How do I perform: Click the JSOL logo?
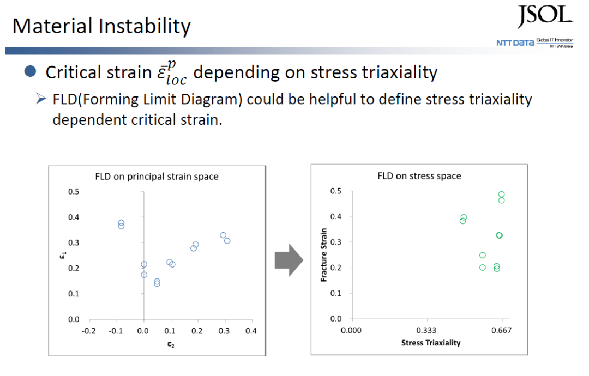pos(545,16)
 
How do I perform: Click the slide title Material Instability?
pos(101,26)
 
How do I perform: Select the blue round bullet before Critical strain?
pos(30,71)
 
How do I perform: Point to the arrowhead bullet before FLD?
pos(41,99)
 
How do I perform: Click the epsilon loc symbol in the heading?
pos(172,73)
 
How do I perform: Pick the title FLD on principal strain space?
pos(157,177)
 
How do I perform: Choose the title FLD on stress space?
pos(419,176)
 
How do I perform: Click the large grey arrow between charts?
pos(289,260)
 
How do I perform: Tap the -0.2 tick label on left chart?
pos(89,331)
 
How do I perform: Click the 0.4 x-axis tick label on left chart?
pos(251,331)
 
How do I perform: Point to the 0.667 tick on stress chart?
pos(502,330)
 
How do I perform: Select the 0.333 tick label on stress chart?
pos(426,330)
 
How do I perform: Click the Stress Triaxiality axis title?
pos(431,343)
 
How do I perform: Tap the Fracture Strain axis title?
pos(324,255)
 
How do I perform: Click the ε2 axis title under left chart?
pos(171,344)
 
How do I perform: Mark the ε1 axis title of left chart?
pos(63,256)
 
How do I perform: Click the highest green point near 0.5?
pos(502,195)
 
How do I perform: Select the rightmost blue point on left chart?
pos(227,240)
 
